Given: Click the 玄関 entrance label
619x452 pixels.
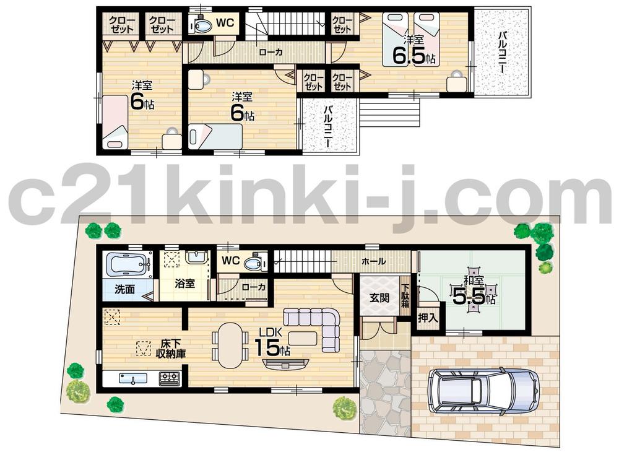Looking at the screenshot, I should pos(379,297).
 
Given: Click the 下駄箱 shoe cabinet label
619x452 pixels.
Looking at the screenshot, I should pos(405,296).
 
